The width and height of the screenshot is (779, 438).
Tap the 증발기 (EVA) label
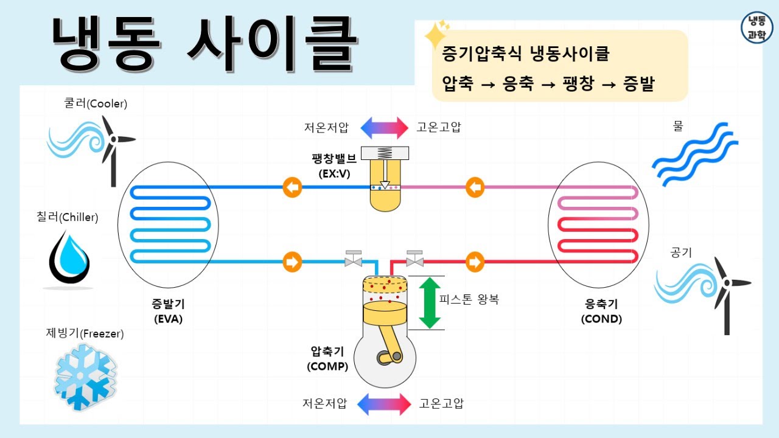click(x=168, y=311)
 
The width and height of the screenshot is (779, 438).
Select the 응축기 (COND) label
click(x=601, y=311)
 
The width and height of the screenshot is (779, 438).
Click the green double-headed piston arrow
click(x=430, y=303)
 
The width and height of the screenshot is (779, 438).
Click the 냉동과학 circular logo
click(x=756, y=27)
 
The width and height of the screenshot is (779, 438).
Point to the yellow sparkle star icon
click(x=436, y=35)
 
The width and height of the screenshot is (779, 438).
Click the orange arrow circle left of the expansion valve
click(x=292, y=187)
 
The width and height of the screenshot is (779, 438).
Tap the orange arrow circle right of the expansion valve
click(x=475, y=187)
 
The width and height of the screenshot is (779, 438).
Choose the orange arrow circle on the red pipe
click(x=475, y=262)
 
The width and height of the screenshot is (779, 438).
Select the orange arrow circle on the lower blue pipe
click(x=292, y=262)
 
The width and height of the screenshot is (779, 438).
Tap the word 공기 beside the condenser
click(x=681, y=252)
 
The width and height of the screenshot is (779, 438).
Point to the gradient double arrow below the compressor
click(x=384, y=404)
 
